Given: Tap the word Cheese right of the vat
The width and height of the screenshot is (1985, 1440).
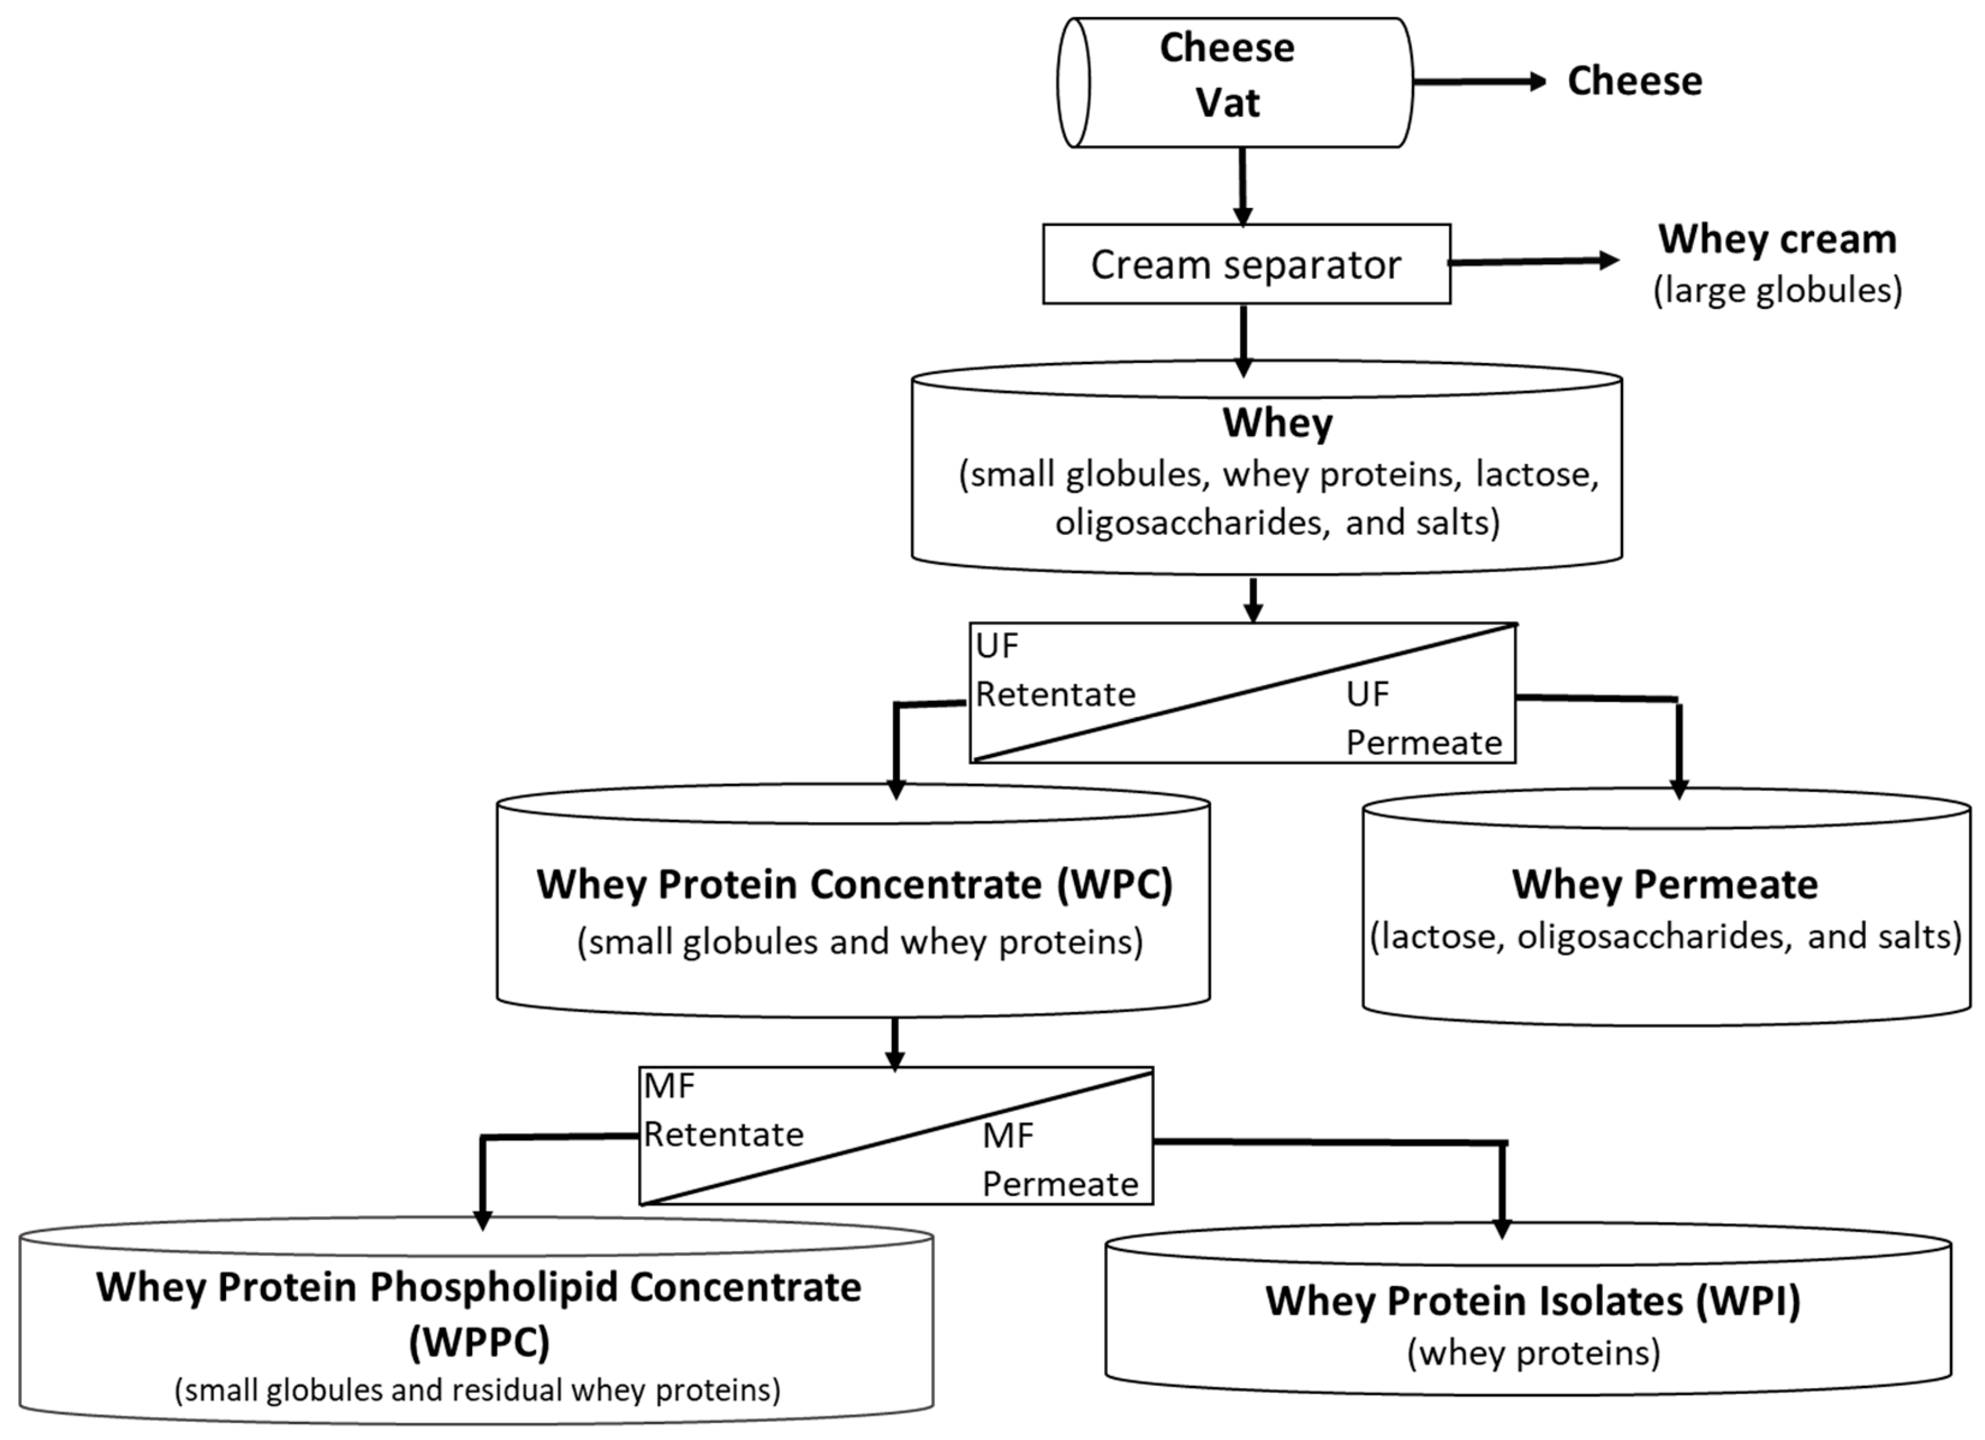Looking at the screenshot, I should [1634, 82].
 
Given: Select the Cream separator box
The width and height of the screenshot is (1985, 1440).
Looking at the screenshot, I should [1246, 264].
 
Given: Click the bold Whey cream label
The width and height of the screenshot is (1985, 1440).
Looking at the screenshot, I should [1777, 239].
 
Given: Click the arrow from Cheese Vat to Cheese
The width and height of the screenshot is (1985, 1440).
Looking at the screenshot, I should [1479, 82].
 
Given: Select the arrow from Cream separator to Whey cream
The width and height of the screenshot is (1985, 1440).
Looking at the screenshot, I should [1532, 261].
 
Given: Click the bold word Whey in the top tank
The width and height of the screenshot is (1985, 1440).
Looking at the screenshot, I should [1277, 423].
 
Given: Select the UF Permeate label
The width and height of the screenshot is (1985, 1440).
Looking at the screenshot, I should [1423, 718].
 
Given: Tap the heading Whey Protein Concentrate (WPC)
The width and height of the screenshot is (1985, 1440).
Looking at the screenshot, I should [854, 884].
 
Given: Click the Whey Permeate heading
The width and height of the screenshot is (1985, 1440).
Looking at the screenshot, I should [1665, 884].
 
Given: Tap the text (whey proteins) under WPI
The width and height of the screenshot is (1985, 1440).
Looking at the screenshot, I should [1533, 1353].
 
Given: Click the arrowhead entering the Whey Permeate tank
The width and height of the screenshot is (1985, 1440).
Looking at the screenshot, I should [1679, 788].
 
